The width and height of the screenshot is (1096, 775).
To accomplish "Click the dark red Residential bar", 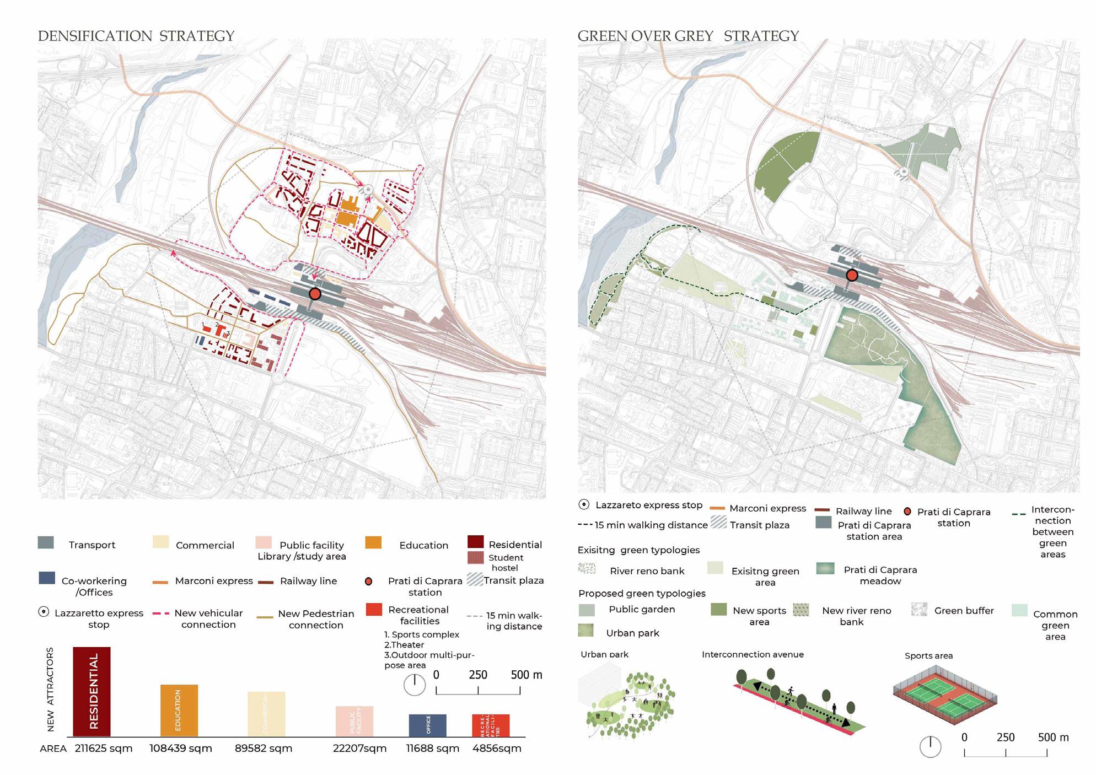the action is click(x=92, y=691).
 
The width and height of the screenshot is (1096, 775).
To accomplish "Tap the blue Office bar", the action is click(x=427, y=725).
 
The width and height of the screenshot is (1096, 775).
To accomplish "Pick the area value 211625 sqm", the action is click(x=104, y=749).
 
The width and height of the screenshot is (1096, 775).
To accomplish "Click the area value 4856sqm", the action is click(x=497, y=749).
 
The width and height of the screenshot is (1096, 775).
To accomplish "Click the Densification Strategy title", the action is click(x=136, y=36).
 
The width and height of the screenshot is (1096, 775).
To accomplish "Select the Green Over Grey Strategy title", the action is click(x=688, y=36).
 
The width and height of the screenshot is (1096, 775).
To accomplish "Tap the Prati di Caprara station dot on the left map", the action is click(x=315, y=294).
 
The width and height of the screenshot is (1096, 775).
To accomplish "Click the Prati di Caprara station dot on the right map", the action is click(x=852, y=275).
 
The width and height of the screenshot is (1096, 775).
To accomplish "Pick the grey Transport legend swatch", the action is click(x=46, y=542).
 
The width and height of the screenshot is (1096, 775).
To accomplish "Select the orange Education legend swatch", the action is click(x=373, y=542).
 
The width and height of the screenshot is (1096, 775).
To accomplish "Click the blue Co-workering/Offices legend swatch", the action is click(x=47, y=578).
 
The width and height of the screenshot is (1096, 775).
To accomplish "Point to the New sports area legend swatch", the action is click(x=718, y=609).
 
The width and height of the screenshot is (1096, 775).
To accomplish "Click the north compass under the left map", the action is click(x=415, y=685).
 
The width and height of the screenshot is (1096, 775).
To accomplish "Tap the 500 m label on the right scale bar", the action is click(x=1053, y=738).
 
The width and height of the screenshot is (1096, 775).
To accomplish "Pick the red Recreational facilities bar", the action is click(x=490, y=725).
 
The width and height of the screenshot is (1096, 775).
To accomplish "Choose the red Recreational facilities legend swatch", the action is click(x=374, y=609).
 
